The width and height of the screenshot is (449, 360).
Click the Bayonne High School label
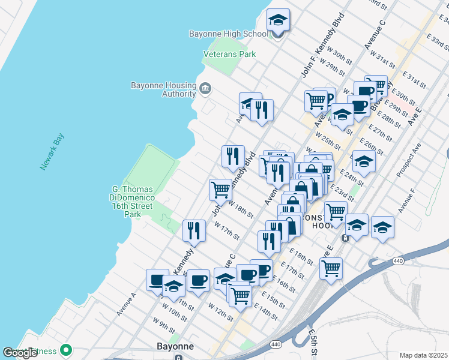(228, 34)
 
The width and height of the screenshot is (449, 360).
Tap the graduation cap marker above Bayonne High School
(278, 20)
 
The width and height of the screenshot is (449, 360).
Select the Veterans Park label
(229, 54)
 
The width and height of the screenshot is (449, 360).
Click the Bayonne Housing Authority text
(163, 89)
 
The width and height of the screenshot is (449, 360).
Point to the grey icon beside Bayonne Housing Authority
(205, 89)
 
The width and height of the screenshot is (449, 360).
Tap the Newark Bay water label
(52, 151)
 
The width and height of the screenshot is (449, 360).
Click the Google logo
(20, 353)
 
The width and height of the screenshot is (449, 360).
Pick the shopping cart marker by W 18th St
(220, 190)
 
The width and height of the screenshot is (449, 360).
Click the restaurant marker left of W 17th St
(194, 230)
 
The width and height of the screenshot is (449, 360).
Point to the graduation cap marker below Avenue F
(382, 227)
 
